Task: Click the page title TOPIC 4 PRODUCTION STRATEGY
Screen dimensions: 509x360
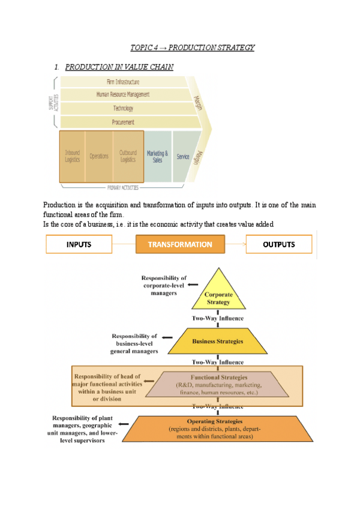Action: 192,47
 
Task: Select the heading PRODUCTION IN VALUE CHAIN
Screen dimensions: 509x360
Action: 119,67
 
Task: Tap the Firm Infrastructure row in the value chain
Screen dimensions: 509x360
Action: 123,81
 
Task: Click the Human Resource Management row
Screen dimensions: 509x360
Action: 123,94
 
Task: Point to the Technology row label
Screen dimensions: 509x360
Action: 123,108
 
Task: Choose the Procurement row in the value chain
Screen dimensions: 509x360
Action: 123,122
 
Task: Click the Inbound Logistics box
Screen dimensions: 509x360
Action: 73,156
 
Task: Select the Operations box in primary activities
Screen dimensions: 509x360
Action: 99,156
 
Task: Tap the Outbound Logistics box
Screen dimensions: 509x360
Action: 128,156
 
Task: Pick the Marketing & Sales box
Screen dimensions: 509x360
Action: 157,156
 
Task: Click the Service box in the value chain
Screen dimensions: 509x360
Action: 183,157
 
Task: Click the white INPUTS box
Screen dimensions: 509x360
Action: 79,244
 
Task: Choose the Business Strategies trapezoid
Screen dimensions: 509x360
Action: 217,341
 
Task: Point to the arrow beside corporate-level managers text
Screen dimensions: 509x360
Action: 193,286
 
